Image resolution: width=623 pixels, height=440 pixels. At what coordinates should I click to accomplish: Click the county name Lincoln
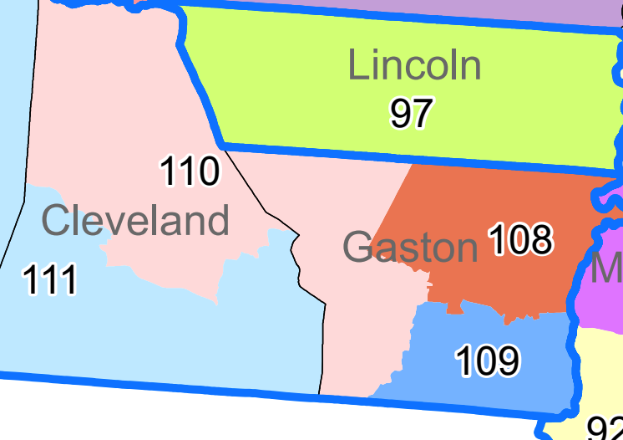pyautogui.click(x=414, y=66)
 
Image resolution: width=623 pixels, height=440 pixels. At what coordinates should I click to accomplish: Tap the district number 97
pyautogui.click(x=411, y=113)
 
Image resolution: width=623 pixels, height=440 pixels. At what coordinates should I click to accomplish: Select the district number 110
pyautogui.click(x=189, y=171)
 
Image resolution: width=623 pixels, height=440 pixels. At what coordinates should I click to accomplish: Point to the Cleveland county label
pyautogui.click(x=134, y=222)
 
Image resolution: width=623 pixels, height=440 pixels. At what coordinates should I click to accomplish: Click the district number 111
pyautogui.click(x=50, y=279)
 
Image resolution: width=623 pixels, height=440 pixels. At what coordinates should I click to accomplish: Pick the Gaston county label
pyautogui.click(x=409, y=248)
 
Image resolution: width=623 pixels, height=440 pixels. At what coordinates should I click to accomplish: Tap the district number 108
pyautogui.click(x=519, y=240)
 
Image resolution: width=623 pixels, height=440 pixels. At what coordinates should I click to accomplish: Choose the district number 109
pyautogui.click(x=487, y=361)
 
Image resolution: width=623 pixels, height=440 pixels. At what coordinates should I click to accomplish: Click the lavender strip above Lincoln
pyautogui.click(x=418, y=10)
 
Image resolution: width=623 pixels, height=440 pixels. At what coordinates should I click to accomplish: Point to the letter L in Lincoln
pyautogui.click(x=357, y=66)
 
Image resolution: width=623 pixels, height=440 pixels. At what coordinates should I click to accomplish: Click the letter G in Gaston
pyautogui.click(x=357, y=248)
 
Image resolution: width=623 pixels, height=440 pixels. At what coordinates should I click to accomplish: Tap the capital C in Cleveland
pyautogui.click(x=55, y=222)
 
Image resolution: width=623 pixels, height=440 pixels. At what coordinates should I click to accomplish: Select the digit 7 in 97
pyautogui.click(x=422, y=113)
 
